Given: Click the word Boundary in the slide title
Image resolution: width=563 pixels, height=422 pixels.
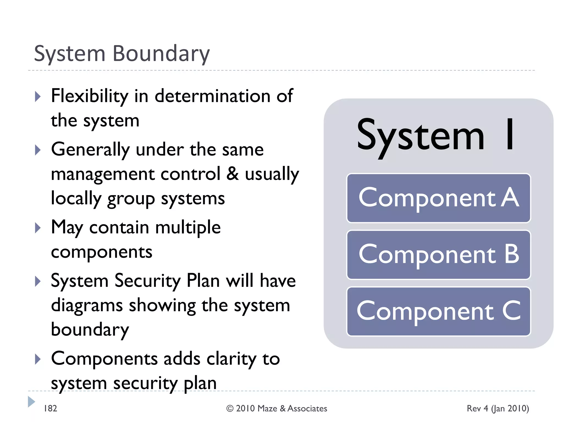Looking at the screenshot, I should (161, 54).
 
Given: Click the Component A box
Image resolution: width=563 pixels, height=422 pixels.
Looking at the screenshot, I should (438, 198).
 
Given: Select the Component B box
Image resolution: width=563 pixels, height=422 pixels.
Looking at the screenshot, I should (438, 255).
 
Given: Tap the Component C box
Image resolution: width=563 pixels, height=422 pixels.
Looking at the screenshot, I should (438, 311).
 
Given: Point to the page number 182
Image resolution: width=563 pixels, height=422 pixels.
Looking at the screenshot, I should (50, 409).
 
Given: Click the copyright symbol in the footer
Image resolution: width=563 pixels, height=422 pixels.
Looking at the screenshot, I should (230, 409).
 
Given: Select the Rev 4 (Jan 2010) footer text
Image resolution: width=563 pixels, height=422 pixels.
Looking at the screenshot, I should (498, 409).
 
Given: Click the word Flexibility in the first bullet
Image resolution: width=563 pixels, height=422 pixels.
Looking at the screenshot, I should (90, 96).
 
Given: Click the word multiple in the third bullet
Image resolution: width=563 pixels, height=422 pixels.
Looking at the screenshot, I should (188, 228).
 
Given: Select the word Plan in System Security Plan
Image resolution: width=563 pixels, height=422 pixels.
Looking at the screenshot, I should (203, 281).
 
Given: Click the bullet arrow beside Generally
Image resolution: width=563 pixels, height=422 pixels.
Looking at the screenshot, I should (38, 150).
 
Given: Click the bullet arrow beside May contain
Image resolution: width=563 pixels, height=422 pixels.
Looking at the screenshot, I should (38, 228).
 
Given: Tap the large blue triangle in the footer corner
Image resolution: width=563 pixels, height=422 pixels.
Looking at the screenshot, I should (31, 402).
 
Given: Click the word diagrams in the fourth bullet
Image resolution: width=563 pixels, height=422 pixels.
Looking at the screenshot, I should (87, 306).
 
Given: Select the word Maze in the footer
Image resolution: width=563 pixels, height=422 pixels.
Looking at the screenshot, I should (267, 409).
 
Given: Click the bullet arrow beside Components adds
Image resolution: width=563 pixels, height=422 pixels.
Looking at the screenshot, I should (38, 359).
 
